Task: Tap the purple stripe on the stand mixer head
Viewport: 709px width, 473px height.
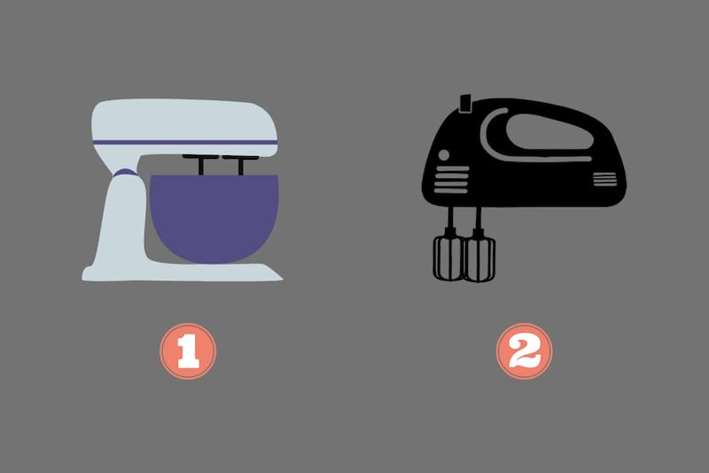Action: coord(185,143)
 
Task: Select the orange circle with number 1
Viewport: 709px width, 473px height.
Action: coord(188,351)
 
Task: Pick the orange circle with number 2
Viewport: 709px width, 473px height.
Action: coord(525,351)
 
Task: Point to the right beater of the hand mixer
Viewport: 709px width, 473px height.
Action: coord(479,258)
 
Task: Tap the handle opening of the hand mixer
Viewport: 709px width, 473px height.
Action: coord(549,131)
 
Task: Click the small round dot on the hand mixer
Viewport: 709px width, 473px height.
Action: coord(444,155)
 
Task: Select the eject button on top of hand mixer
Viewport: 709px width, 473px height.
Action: coord(465,103)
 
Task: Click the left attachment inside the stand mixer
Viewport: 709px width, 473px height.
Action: coord(201,164)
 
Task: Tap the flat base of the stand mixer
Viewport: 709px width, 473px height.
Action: coord(183,272)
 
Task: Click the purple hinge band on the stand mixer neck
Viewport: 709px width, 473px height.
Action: coord(126,172)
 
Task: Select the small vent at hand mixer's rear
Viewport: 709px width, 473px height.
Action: coord(604,179)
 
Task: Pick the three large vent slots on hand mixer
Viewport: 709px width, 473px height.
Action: coord(451,179)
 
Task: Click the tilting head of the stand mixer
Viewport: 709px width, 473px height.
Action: coord(184,128)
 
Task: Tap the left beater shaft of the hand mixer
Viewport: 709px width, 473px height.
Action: coord(451,222)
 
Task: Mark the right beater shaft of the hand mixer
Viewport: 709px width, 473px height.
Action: coord(478,223)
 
